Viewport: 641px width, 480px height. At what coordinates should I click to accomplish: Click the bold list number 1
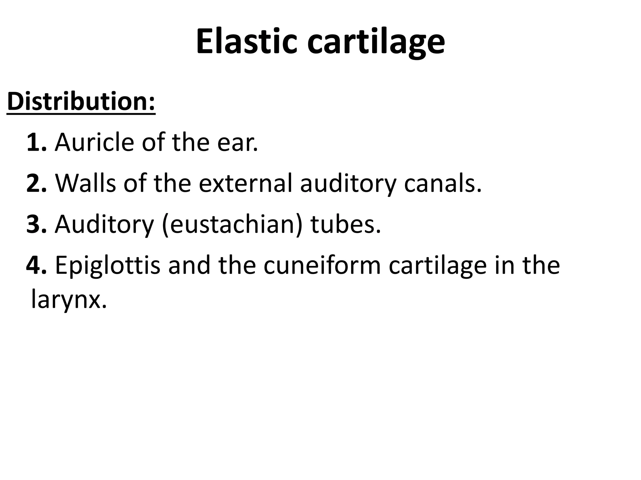pos(36,142)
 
